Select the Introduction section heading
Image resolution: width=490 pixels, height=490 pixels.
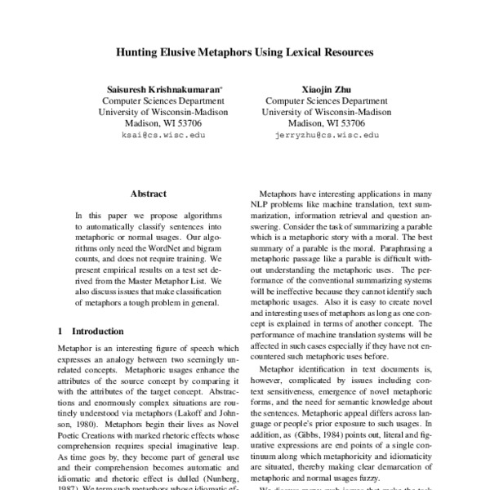[x=97, y=332]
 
